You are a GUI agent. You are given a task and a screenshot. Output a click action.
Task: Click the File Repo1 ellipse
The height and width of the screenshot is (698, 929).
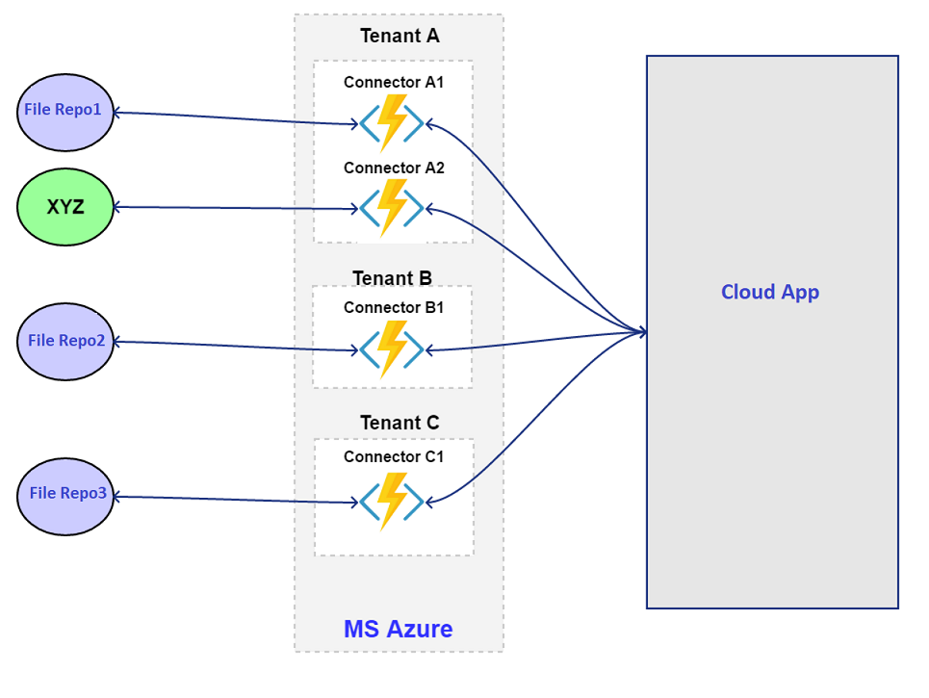pyautogui.click(x=65, y=113)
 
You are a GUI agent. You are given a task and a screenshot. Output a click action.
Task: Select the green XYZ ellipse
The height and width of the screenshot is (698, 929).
pyautogui.click(x=65, y=207)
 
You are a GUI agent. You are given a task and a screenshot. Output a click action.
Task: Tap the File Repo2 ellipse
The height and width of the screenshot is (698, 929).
pyautogui.click(x=65, y=342)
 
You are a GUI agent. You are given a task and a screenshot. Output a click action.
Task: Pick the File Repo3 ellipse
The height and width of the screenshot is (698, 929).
pyautogui.click(x=65, y=496)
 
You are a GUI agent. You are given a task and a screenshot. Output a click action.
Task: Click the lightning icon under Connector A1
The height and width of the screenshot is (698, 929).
pyautogui.click(x=392, y=123)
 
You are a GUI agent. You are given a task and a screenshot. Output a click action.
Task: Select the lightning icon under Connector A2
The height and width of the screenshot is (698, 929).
pyautogui.click(x=392, y=207)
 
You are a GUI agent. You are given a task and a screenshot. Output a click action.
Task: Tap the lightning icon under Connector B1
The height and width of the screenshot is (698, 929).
pyautogui.click(x=392, y=349)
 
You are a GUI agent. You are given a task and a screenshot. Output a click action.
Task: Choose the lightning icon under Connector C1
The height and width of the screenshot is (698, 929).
pyautogui.click(x=392, y=501)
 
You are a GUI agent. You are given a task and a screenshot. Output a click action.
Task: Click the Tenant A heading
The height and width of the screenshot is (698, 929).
pyautogui.click(x=399, y=37)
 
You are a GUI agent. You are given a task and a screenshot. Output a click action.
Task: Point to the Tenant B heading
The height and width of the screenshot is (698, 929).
pyautogui.click(x=392, y=278)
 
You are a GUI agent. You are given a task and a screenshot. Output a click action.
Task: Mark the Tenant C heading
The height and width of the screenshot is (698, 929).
pyautogui.click(x=399, y=423)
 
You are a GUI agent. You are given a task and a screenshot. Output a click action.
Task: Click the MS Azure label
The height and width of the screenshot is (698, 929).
pyautogui.click(x=398, y=629)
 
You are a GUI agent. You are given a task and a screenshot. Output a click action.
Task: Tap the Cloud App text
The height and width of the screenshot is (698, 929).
pyautogui.click(x=770, y=292)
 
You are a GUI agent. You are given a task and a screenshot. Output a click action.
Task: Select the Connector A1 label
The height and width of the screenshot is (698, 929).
pyautogui.click(x=393, y=83)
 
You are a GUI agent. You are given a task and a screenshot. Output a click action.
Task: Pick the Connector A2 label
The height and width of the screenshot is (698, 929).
pyautogui.click(x=393, y=168)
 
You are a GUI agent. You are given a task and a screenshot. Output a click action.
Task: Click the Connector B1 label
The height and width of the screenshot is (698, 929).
pyautogui.click(x=393, y=308)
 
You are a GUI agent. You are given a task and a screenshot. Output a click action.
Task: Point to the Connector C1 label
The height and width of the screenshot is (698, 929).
pyautogui.click(x=393, y=456)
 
